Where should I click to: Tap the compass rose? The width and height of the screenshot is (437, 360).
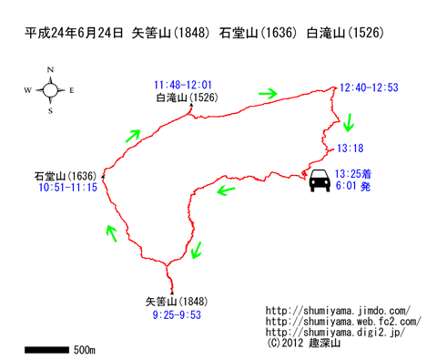click(50, 89)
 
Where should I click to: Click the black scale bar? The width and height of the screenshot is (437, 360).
click(45, 348)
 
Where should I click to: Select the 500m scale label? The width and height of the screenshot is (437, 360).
click(86, 349)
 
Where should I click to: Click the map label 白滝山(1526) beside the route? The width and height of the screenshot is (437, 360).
click(187, 98)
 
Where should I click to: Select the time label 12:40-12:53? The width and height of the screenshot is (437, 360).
click(369, 87)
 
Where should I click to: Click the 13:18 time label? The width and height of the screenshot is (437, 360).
click(350, 148)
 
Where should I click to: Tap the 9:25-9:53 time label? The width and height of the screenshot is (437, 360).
click(176, 314)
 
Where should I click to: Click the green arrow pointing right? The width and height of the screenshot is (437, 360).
click(268, 93)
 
